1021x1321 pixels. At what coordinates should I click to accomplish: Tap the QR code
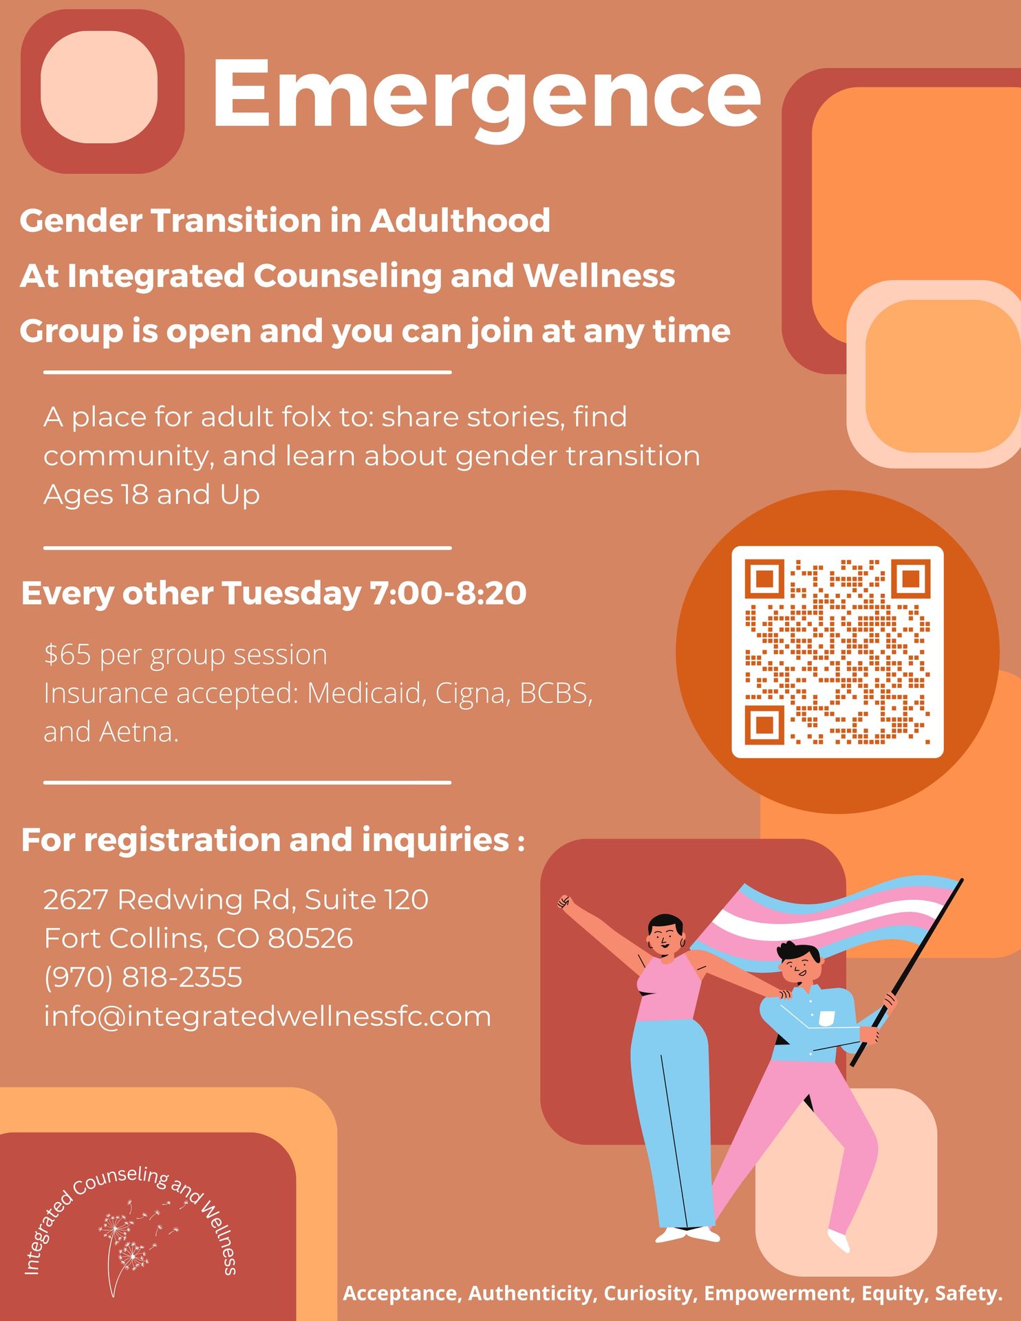(x=837, y=652)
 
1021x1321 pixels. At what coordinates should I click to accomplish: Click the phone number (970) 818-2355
(x=143, y=977)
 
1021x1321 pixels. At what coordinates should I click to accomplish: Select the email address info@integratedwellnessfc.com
(x=268, y=1016)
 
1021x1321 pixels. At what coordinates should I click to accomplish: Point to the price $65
(x=67, y=654)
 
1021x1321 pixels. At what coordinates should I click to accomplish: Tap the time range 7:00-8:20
(x=448, y=592)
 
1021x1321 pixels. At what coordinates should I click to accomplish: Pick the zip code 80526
(x=310, y=938)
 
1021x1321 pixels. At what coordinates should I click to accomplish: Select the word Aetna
(x=139, y=732)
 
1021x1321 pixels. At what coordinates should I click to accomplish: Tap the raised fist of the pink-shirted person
(x=564, y=901)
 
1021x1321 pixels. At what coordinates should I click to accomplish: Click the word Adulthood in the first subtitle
(x=460, y=220)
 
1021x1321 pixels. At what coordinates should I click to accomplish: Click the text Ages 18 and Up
(x=151, y=495)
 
